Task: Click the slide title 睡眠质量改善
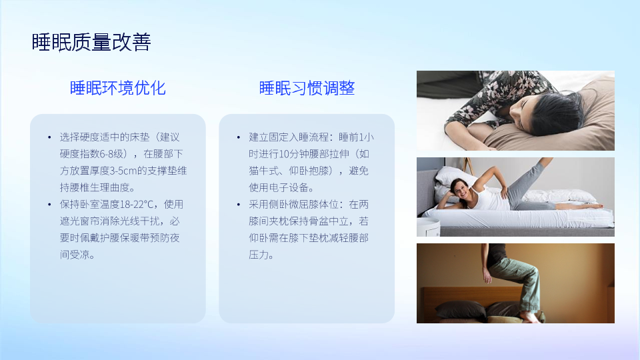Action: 91,42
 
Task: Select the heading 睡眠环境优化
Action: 117,88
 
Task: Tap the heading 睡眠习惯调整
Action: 307,88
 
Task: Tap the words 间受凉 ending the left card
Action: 75,255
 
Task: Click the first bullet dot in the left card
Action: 49,137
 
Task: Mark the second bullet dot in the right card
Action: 239,204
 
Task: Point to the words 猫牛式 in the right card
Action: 264,171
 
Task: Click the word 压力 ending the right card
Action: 259,255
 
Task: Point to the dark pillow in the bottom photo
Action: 461,309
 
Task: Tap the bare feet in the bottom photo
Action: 530,317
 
